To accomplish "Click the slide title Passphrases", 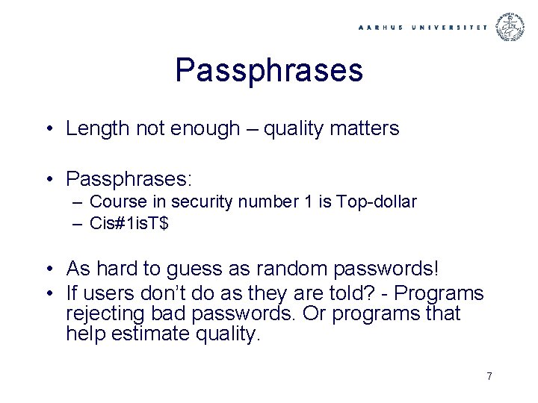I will pos(269,70).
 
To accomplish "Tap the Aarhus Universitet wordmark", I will pos(422,27).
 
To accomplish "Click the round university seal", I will pos(510,27).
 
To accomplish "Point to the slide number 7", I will pos(489,376).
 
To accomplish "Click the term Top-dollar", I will pos(377,201).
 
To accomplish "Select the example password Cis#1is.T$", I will pos(129,222).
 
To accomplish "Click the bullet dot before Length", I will pos(47,128).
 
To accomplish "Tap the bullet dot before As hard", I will pos(47,268).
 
